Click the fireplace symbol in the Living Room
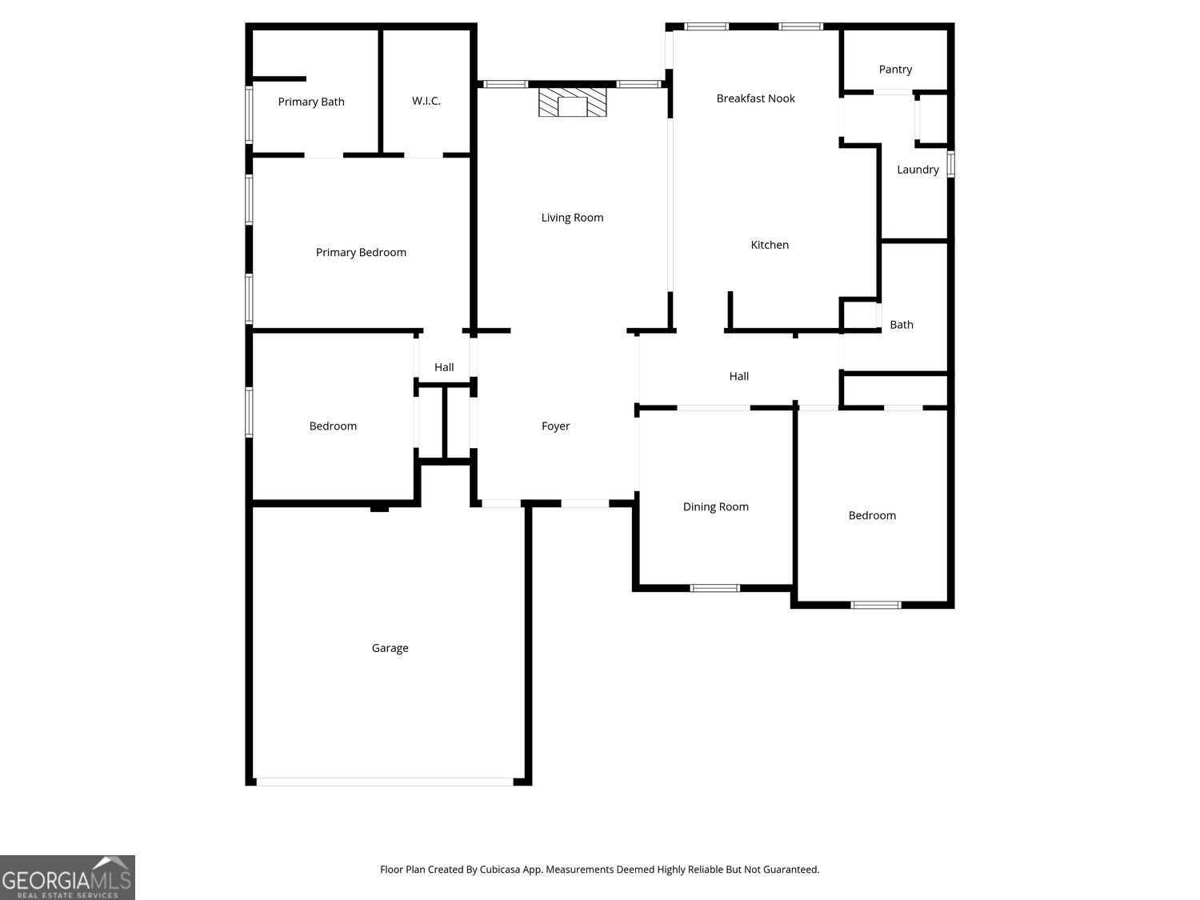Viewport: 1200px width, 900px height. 572,103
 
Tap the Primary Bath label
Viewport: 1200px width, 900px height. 311,102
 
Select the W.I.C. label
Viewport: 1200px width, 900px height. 426,101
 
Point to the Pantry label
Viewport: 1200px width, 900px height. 895,70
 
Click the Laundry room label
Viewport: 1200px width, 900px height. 918,170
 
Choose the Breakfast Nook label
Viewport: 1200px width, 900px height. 755,98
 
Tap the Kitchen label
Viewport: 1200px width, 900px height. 770,245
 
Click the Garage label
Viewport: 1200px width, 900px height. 390,648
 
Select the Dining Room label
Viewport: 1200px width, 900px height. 715,506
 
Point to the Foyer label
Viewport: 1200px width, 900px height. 555,426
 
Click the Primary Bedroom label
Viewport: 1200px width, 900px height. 361,253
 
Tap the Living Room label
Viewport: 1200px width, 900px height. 572,218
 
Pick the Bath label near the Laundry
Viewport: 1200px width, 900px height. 901,325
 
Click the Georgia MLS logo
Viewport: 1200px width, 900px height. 67,878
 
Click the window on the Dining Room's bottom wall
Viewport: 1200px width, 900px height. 714,588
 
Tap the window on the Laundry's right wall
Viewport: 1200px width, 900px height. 950,163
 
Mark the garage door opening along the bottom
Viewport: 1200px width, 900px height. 384,782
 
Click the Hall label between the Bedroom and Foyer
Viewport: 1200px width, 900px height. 444,367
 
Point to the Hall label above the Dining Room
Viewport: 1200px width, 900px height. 738,376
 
